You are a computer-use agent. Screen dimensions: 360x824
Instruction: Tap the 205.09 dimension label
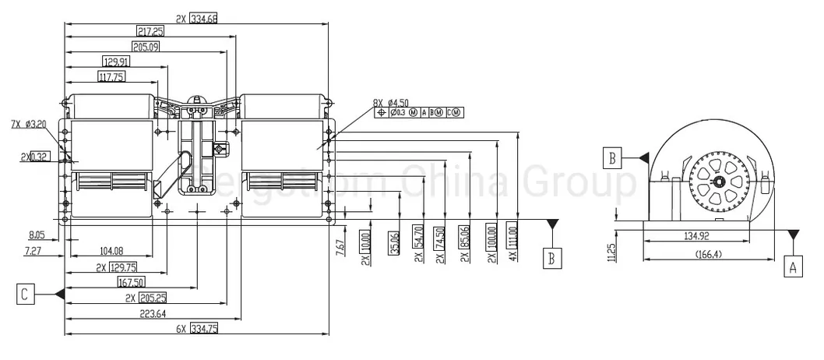146,47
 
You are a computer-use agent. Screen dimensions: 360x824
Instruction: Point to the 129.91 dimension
115,62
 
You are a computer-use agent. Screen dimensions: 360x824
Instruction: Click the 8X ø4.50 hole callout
390,102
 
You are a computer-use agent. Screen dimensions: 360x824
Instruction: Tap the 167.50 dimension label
132,283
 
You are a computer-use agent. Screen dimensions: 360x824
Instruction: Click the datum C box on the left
26,294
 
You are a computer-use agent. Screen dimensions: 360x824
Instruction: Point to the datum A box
793,267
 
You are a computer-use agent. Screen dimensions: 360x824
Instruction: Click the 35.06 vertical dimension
395,243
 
